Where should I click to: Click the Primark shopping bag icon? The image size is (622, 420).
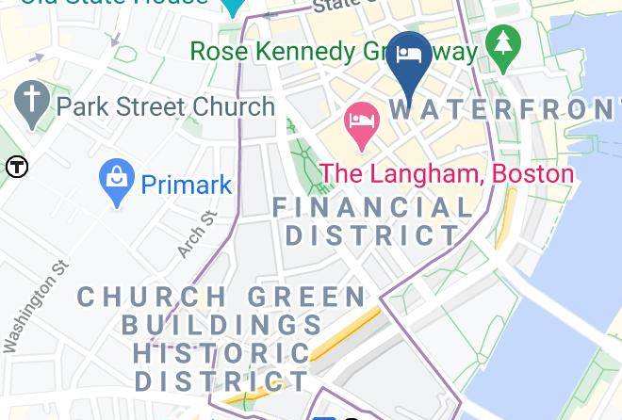(117, 184)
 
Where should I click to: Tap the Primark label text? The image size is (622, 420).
(187, 185)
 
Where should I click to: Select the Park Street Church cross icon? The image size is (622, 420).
(31, 105)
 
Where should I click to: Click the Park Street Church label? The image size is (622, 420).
(165, 106)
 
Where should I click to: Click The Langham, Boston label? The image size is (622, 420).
(447, 173)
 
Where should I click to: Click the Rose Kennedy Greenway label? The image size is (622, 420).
(335, 51)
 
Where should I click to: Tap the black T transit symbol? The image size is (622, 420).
(17, 168)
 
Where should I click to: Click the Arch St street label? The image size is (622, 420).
(197, 234)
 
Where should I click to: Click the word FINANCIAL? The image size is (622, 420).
(373, 207)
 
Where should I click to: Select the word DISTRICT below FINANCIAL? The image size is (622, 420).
(373, 235)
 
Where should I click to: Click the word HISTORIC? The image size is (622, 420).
(221, 353)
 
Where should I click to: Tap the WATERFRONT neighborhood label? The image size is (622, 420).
(504, 108)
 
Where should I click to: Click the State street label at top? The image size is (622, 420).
(336, 7)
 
